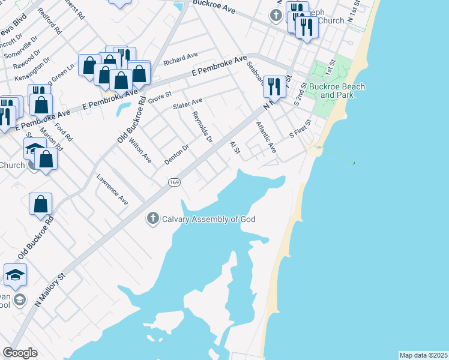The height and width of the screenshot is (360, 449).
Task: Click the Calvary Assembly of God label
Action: [x=209, y=219]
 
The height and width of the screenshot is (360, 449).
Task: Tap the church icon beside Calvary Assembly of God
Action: [x=153, y=219]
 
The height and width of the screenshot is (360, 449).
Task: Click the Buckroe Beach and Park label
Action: [x=334, y=91]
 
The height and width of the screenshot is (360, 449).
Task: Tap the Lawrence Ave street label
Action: [x=113, y=190]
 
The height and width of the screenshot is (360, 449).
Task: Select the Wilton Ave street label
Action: [x=139, y=150]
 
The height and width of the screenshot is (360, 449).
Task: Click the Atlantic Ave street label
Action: [x=265, y=137]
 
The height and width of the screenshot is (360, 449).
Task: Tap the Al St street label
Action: [x=235, y=148]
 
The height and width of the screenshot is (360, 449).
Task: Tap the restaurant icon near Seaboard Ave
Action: [x=274, y=85]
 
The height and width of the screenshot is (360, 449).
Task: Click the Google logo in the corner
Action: [x=20, y=353]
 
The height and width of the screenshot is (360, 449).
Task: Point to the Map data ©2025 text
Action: [x=423, y=355]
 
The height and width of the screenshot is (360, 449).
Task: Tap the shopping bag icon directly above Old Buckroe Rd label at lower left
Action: [x=40, y=203]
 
